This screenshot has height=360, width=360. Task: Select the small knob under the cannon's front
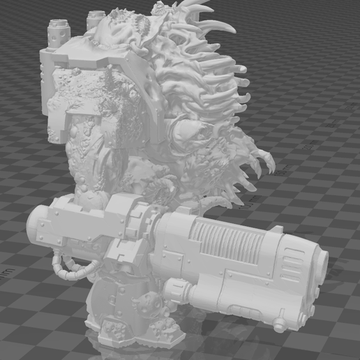click(280, 325)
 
